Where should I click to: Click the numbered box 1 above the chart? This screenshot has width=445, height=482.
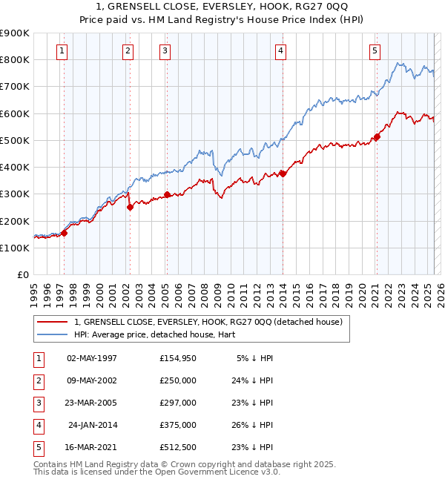coord(61,51)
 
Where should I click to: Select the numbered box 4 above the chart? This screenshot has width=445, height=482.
coord(281,51)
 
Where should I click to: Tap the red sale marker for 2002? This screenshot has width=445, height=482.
coord(130,208)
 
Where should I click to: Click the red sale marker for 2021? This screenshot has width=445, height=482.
coord(377,136)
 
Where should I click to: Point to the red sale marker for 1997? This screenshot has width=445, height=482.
coord(64,233)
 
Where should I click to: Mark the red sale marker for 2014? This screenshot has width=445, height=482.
coord(283,174)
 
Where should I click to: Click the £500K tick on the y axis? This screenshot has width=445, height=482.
coord(15,140)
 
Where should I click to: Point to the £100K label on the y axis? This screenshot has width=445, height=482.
coord(15,248)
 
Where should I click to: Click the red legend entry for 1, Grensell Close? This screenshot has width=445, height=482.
coord(208,322)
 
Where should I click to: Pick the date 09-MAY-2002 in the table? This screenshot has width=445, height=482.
coord(92,380)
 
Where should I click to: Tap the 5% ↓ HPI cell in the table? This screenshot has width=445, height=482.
coord(254,357)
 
